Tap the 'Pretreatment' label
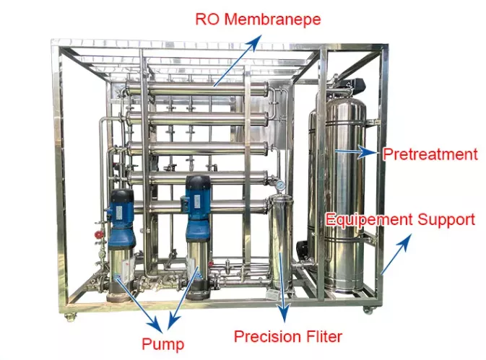pos(430,154)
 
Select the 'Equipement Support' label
pos(399,219)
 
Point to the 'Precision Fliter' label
pos(287,335)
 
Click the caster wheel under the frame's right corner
pos(368,309)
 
